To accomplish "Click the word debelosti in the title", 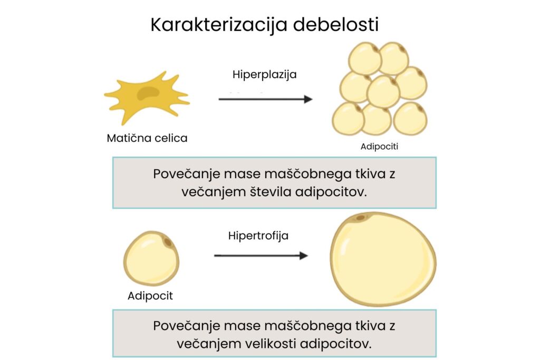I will [336, 25].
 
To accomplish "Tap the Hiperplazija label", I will [265, 74].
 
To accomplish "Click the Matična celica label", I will [147, 138].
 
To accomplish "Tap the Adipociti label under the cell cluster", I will [379, 147].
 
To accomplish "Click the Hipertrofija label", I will [258, 236].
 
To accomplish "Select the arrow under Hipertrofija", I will [261, 256].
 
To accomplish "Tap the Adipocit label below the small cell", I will [150, 296].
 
